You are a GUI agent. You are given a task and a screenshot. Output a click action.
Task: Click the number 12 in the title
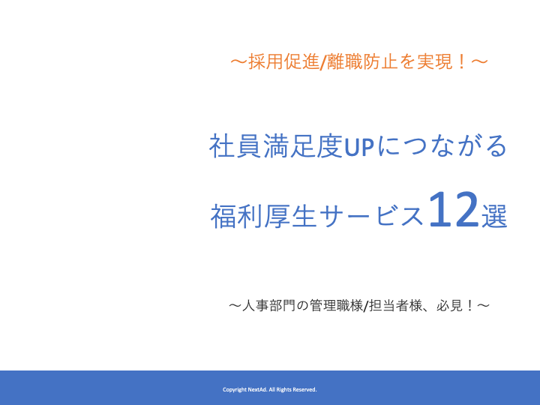(454, 209)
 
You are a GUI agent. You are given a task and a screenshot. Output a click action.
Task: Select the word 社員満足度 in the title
(276, 146)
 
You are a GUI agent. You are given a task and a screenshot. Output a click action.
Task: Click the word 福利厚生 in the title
(263, 216)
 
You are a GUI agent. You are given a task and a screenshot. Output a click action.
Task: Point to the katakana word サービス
(371, 216)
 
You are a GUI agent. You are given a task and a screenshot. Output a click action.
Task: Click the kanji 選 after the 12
(494, 216)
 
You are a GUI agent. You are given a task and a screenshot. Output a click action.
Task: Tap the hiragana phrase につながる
(442, 146)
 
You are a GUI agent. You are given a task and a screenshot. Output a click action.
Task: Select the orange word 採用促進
(283, 62)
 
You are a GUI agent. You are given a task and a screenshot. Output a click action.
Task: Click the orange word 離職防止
(362, 62)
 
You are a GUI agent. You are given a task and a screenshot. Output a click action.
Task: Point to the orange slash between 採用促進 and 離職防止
(323, 62)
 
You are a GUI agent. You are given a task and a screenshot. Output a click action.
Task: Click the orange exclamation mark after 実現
(461, 62)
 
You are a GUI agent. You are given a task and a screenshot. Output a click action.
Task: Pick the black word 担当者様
(396, 305)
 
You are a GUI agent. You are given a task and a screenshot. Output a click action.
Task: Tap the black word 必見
(449, 305)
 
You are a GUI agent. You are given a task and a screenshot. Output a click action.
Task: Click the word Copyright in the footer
(235, 389)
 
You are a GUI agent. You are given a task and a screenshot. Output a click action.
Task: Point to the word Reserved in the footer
(304, 389)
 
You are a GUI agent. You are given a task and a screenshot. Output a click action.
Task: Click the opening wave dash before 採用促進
(239, 62)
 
